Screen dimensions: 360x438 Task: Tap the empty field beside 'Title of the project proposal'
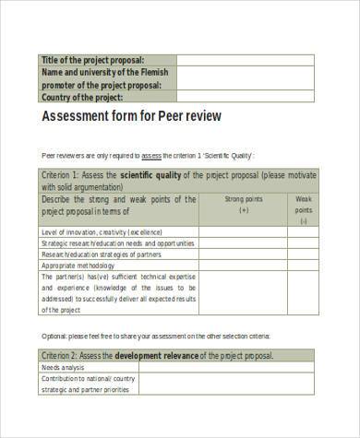click(x=245, y=60)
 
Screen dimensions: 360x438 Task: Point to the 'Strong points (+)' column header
click(x=244, y=204)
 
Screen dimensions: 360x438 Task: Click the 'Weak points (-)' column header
click(x=303, y=209)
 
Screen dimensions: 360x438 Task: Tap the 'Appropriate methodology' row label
click(x=77, y=266)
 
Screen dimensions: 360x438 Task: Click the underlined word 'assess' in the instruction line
click(x=151, y=155)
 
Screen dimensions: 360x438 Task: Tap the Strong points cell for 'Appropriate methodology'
click(x=244, y=266)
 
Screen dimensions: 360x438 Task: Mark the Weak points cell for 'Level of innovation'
click(x=303, y=231)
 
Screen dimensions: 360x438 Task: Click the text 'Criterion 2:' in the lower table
click(x=66, y=355)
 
